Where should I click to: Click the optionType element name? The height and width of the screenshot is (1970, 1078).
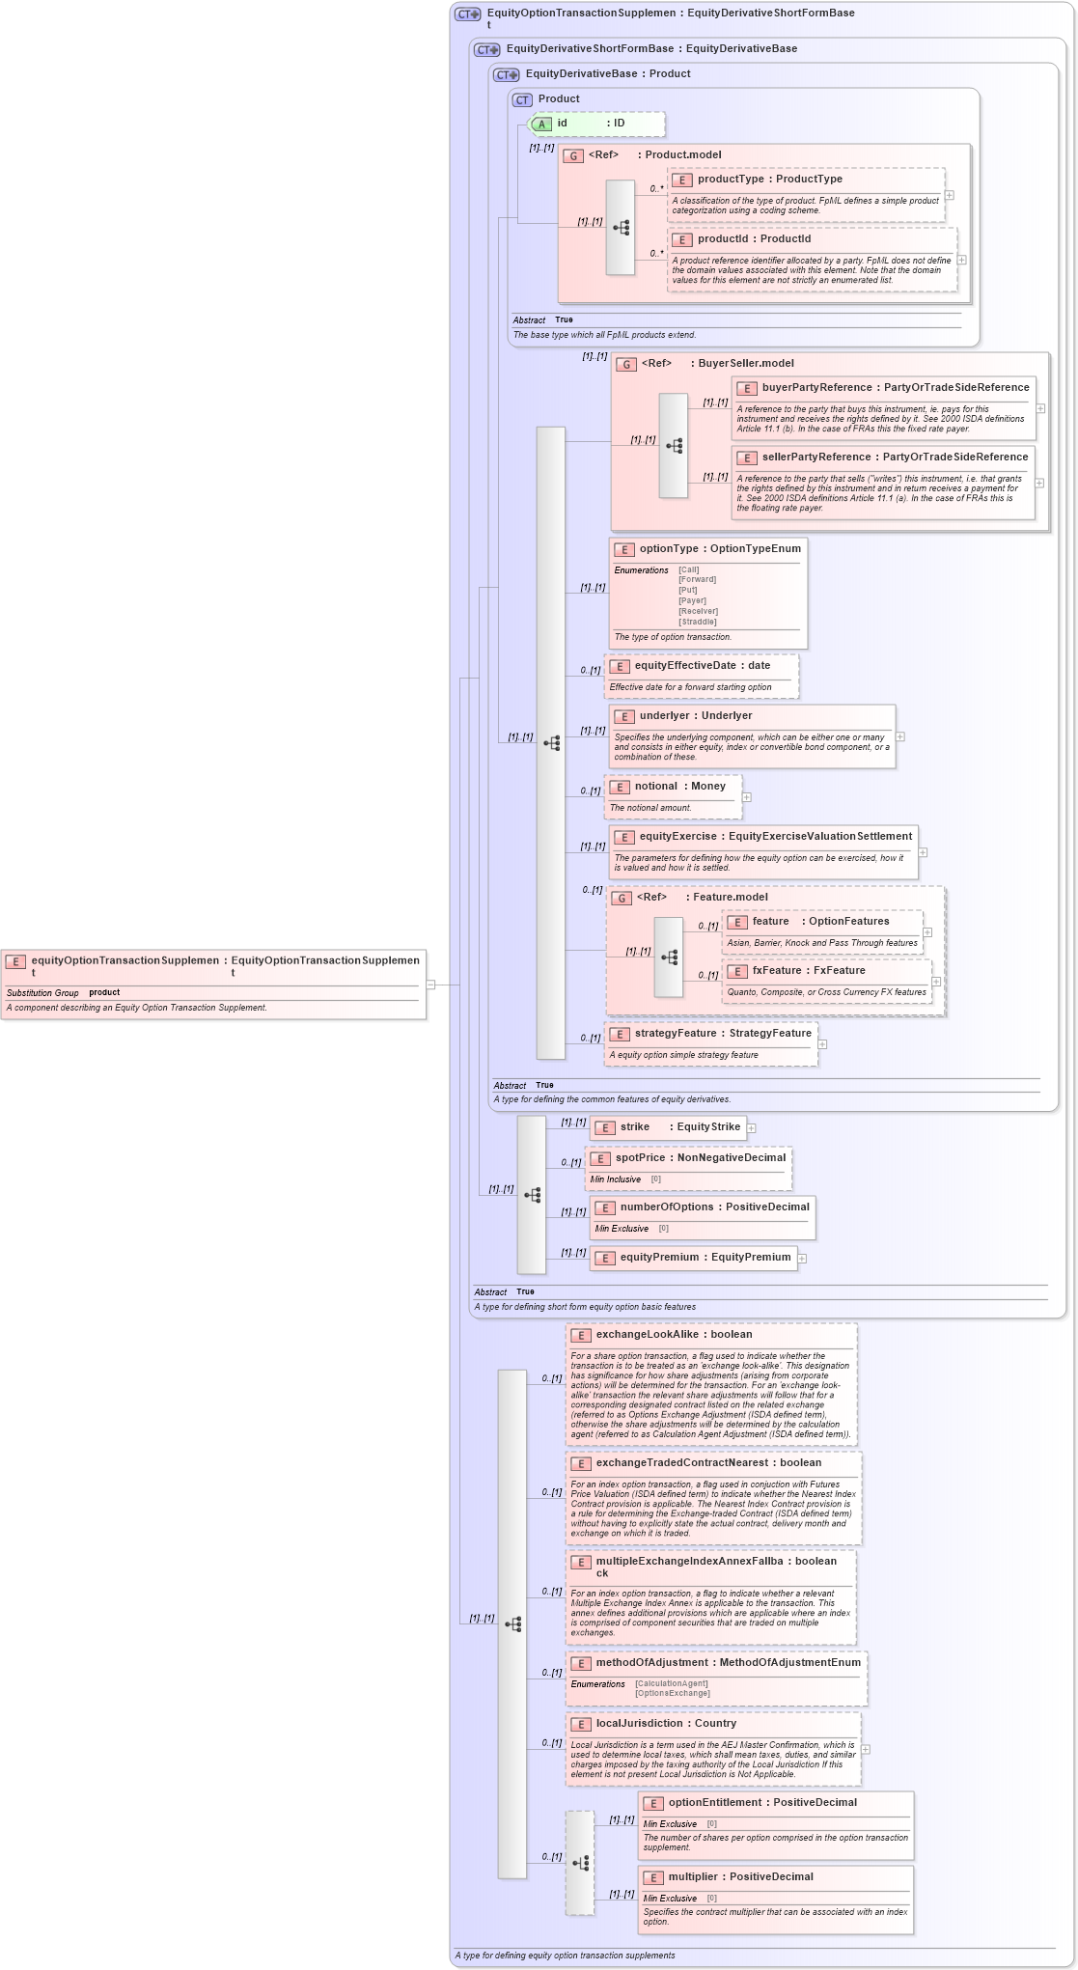[668, 549]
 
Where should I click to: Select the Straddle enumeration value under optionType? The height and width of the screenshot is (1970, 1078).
[697, 622]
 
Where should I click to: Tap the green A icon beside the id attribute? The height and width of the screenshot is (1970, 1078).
[542, 124]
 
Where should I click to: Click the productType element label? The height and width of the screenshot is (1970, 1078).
[731, 180]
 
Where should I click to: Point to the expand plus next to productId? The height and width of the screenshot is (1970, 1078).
[961, 260]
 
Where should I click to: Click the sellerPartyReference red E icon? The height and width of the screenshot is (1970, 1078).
[747, 458]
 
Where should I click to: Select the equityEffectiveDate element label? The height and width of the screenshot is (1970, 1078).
[685, 666]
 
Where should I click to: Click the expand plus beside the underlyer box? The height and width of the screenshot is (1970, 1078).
[899, 736]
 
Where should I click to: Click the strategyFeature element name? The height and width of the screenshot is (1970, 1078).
[676, 1034]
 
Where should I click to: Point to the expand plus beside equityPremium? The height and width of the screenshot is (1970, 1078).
[802, 1258]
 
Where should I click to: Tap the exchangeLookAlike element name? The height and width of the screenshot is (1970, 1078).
[647, 1335]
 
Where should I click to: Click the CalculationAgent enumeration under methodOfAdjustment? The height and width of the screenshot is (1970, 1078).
[671, 1683]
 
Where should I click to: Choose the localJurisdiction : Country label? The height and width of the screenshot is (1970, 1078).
[665, 1724]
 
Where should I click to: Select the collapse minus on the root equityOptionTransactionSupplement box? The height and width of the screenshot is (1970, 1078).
[430, 985]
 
